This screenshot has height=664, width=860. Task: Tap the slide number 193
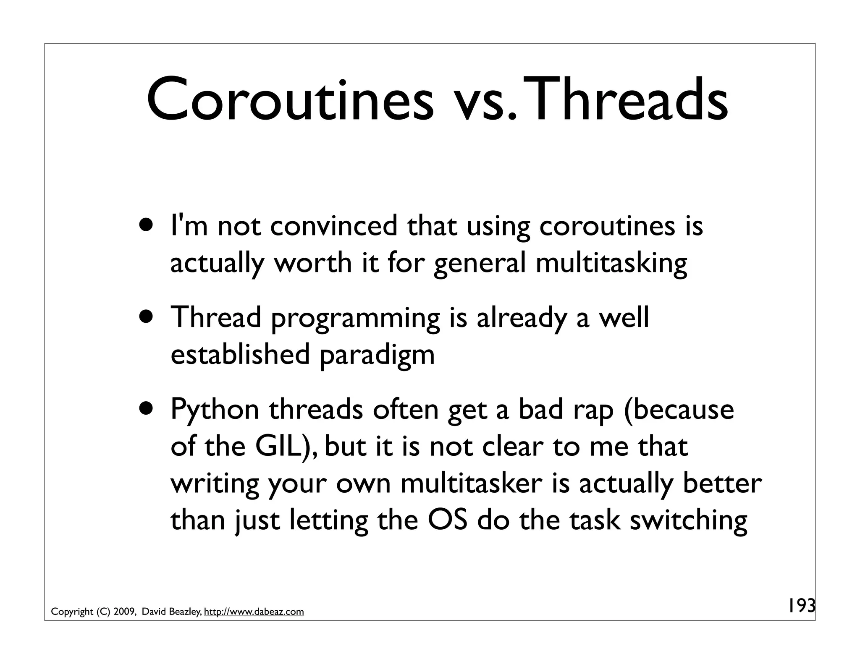(801, 606)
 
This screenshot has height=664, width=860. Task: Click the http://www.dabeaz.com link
(254, 612)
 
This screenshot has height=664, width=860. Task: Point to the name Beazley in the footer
(185, 612)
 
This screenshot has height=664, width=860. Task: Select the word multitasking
(611, 264)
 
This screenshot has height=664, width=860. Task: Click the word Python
(215, 410)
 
